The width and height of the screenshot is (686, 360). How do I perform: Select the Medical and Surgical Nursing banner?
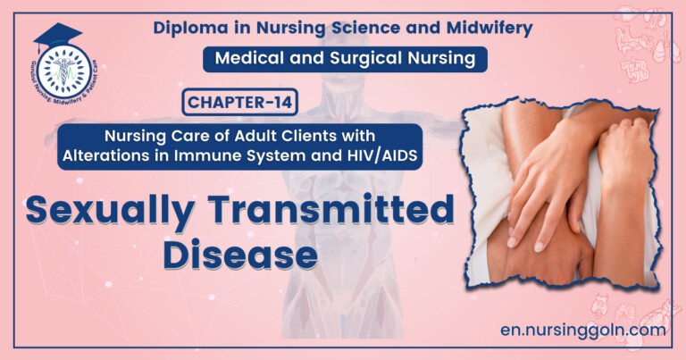pyautogui.click(x=345, y=59)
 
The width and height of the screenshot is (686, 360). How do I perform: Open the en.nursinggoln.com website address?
pyautogui.click(x=583, y=330)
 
